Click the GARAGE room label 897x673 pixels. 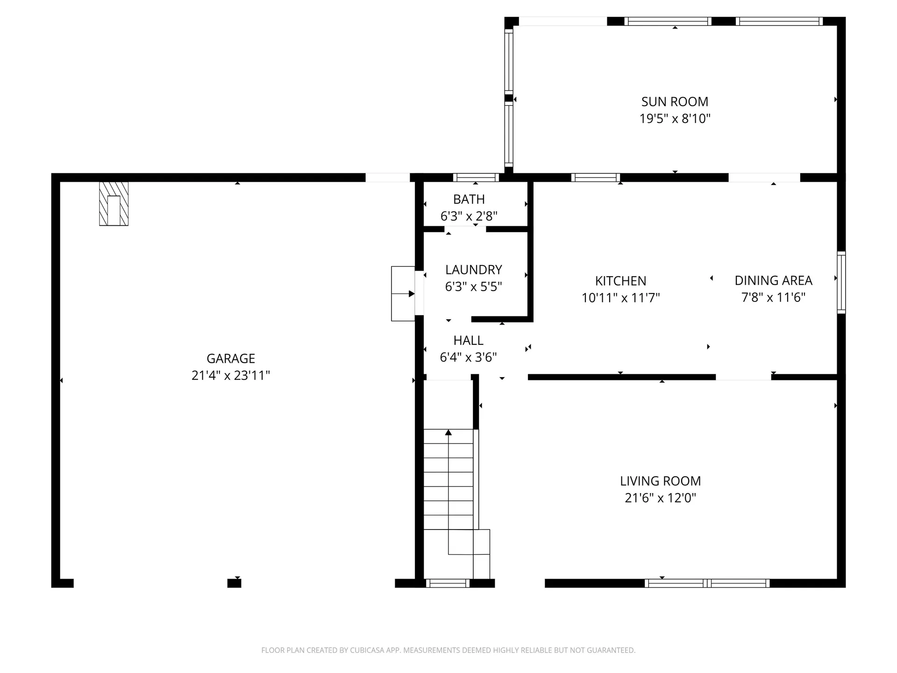pyautogui.click(x=231, y=358)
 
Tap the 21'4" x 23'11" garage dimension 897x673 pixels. pyautogui.click(x=231, y=375)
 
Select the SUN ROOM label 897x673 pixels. pyautogui.click(x=675, y=101)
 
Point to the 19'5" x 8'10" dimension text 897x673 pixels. pyautogui.click(x=675, y=118)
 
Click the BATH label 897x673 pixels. pyautogui.click(x=469, y=199)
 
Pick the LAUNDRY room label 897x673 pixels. pyautogui.click(x=473, y=270)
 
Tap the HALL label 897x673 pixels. pyautogui.click(x=468, y=340)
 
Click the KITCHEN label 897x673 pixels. pyautogui.click(x=620, y=281)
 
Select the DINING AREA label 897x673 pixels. pyautogui.click(x=773, y=280)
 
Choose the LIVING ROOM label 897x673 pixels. pyautogui.click(x=660, y=481)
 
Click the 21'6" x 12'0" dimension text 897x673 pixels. pyautogui.click(x=660, y=498)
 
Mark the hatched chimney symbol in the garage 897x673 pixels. pyautogui.click(x=114, y=204)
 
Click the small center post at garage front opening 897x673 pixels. pyautogui.click(x=234, y=583)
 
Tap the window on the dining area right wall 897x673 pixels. pyautogui.click(x=841, y=282)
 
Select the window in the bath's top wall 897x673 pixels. pyautogui.click(x=476, y=178)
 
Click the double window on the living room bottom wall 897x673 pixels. pyautogui.click(x=707, y=583)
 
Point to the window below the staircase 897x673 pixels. pyautogui.click(x=448, y=583)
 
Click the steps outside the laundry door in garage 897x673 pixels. pyautogui.click(x=402, y=294)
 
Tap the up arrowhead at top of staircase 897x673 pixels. pyautogui.click(x=448, y=433)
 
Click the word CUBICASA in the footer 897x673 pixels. pyautogui.click(x=367, y=650)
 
